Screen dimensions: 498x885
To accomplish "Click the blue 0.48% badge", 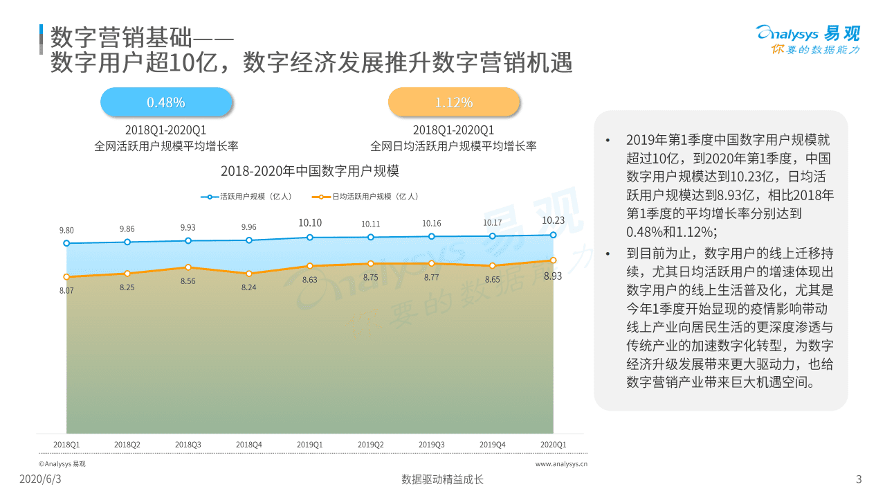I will click(x=165, y=103).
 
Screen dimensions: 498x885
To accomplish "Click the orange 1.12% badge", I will click(x=453, y=103).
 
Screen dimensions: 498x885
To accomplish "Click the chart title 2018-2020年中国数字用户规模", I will click(x=309, y=171).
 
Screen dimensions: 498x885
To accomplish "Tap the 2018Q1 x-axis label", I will click(x=66, y=444).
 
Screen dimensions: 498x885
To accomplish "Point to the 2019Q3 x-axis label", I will click(x=432, y=444).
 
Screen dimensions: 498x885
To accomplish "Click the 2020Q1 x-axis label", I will click(x=553, y=444).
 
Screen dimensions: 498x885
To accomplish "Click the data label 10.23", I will click(x=553, y=221).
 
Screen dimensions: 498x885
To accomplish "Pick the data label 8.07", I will click(x=66, y=290).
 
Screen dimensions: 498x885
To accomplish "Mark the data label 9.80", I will click(x=66, y=230).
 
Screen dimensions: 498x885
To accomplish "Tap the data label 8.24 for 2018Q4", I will click(x=249, y=287).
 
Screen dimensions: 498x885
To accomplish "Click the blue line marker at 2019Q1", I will click(x=310, y=238).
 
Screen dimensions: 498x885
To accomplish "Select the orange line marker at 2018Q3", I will click(x=188, y=267).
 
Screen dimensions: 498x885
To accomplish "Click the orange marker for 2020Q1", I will click(x=553, y=260).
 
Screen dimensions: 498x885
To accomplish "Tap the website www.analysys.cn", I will click(x=561, y=464).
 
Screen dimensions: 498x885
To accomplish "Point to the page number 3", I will click(x=859, y=479).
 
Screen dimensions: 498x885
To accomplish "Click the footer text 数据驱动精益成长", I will click(x=442, y=479).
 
